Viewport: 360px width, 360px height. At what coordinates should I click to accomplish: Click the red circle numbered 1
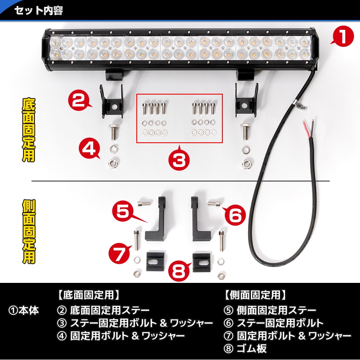click(343, 37)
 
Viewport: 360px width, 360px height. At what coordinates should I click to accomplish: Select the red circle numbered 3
click(179, 160)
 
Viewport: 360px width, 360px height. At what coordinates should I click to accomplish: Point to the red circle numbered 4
click(90, 150)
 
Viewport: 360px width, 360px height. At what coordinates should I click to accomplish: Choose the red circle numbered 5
click(123, 212)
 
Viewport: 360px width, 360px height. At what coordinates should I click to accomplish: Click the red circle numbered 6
click(235, 215)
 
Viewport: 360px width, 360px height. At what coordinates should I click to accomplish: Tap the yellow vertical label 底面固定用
click(28, 130)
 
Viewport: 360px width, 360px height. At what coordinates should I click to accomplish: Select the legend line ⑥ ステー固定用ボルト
click(274, 323)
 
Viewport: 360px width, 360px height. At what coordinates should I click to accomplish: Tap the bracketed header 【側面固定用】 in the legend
click(254, 294)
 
